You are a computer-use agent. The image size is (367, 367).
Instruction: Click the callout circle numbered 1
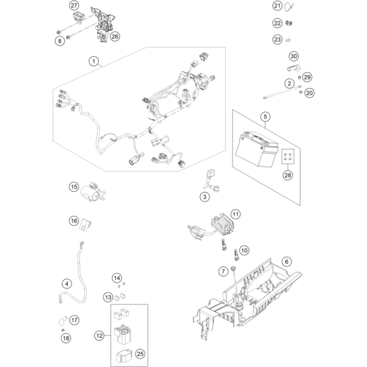click(x=92, y=61)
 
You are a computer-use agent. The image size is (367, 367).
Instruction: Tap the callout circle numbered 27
click(x=74, y=6)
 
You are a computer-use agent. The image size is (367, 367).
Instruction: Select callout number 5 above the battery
click(x=265, y=117)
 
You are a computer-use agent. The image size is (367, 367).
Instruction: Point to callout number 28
click(x=287, y=175)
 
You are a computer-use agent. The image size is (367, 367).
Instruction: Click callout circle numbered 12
click(x=100, y=336)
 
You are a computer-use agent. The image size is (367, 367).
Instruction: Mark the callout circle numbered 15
click(x=74, y=187)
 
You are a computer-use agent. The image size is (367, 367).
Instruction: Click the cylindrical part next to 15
click(x=90, y=192)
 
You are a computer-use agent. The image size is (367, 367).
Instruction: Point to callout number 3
click(x=191, y=197)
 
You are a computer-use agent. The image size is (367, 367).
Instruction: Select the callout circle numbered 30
click(x=294, y=56)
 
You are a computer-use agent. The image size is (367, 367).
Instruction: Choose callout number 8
click(x=60, y=41)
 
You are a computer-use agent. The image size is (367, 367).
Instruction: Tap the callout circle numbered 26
click(x=115, y=37)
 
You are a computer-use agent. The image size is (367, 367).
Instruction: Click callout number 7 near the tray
click(x=223, y=270)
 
